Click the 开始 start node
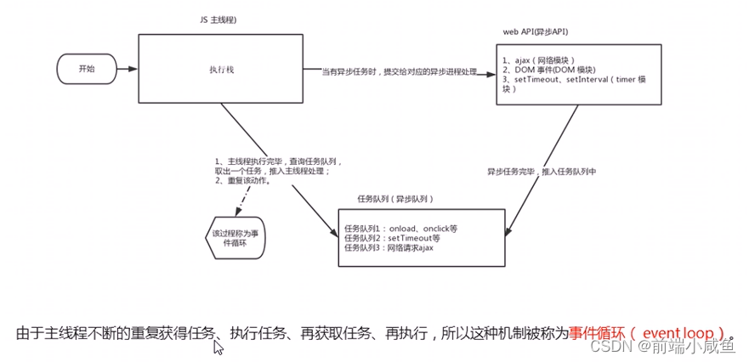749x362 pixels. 87,69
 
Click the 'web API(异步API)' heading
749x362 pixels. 536,31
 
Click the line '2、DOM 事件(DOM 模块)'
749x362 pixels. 548,70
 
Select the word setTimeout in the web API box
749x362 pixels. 536,80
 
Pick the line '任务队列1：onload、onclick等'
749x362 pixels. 400,228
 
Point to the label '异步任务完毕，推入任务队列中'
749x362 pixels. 542,171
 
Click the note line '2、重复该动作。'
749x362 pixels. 244,180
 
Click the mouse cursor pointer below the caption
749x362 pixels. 218,347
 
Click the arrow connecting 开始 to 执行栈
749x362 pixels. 125,70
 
